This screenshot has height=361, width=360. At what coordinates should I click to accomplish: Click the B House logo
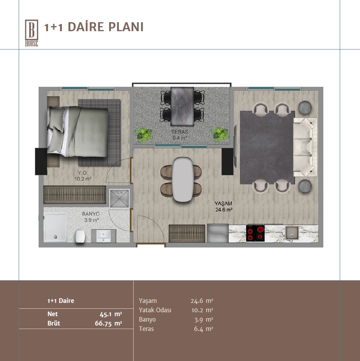32,33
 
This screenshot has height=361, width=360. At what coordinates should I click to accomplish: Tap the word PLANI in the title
126,27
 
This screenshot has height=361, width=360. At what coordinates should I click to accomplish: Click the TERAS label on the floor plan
180,132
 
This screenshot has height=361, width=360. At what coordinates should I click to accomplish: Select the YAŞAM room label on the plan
223,204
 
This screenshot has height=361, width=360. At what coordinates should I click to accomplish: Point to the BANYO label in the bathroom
91,214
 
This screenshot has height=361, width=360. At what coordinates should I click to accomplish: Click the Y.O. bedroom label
83,173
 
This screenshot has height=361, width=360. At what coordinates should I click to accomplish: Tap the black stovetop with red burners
255,233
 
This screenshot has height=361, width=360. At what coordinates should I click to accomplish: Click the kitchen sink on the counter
292,233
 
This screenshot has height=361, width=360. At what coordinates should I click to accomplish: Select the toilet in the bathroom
80,236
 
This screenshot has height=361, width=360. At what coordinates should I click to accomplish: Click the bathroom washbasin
104,236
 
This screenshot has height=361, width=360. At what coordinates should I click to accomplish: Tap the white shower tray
55,228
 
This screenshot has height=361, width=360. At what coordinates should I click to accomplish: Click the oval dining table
183,179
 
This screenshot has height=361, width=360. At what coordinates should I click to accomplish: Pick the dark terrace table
182,106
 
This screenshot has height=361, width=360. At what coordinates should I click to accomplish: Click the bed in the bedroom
78,131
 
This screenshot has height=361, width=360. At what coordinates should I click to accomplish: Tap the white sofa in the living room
305,147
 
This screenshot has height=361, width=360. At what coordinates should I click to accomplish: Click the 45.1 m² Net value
111,314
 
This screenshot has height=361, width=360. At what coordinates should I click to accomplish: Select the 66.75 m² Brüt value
108,323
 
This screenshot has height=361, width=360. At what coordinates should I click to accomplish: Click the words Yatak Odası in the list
155,310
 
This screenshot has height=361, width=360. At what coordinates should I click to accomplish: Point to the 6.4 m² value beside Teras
203,329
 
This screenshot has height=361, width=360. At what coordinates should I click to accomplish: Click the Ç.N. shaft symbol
119,198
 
